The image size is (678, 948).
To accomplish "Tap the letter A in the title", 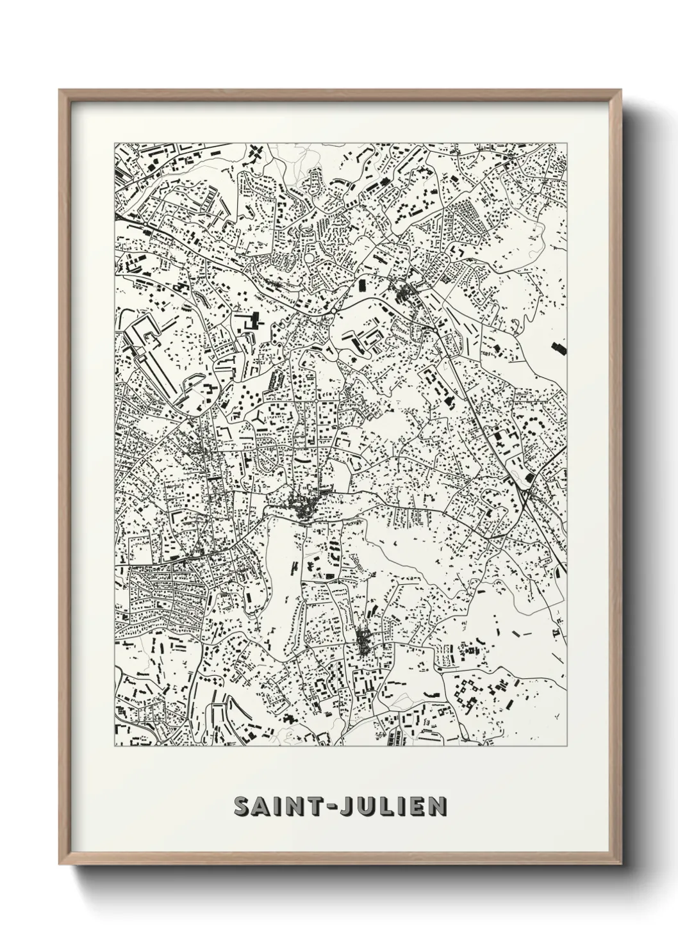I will tap(265, 806).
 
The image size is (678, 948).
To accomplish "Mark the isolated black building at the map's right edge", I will tap(558, 348).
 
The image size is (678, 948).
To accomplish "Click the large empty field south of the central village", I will tap(281, 564).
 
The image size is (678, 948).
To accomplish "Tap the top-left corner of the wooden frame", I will tap(61, 91).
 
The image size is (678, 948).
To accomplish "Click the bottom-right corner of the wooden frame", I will tap(620, 862).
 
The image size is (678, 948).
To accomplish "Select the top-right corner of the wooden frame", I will tap(620, 91).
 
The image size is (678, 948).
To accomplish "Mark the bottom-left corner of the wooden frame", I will tap(61, 862).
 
